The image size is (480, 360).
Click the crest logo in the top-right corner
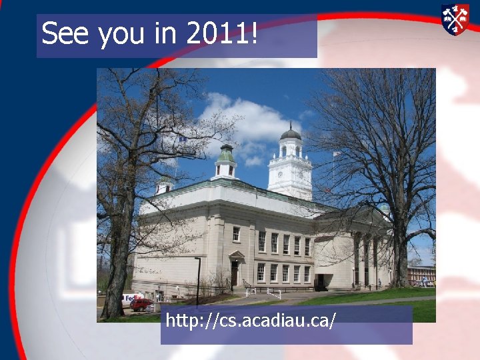(x=455, y=19)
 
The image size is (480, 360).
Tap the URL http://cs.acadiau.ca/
(x=251, y=321)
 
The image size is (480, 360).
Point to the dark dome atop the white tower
(x=290, y=134)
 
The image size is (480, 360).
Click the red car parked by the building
(x=141, y=304)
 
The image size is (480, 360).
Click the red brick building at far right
(x=421, y=273)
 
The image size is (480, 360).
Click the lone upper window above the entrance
(x=236, y=233)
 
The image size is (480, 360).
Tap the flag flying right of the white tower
(x=336, y=155)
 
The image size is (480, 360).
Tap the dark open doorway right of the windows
(x=320, y=281)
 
